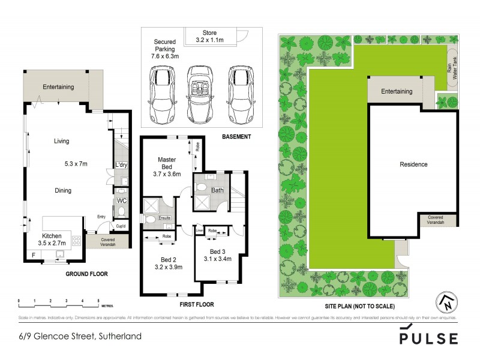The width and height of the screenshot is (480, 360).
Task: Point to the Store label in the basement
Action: pos(209,33)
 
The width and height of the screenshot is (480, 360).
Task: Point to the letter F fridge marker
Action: pos(34,255)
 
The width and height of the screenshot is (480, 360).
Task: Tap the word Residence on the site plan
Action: pos(413,164)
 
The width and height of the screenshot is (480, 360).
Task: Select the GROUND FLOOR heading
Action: pos(86,274)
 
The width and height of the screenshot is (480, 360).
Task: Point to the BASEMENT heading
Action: pos(236,137)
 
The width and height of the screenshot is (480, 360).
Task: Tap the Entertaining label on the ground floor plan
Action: pos(58,87)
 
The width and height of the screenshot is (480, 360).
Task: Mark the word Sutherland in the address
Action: pos(119,336)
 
